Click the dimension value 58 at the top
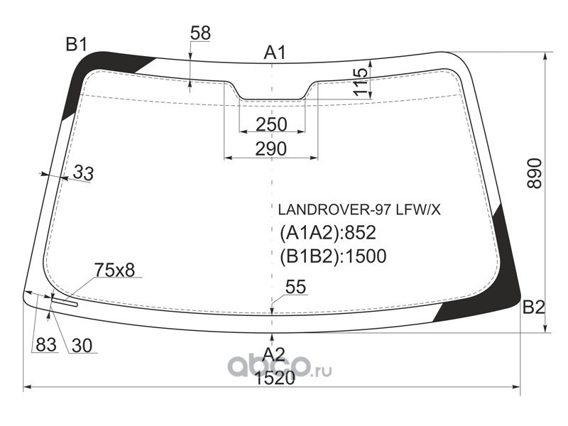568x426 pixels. coord(200,33)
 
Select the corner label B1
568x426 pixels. coord(77,45)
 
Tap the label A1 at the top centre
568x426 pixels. coord(275,53)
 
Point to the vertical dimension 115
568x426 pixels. coord(361,82)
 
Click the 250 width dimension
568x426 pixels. coord(271,125)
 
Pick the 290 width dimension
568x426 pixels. coord(271,149)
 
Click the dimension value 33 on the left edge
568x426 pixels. coord(83,173)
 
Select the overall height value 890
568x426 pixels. coord(535,173)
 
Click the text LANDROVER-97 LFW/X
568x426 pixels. coord(359,209)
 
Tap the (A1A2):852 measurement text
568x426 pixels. coord(328,233)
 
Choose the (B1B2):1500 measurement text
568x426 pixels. coord(333,256)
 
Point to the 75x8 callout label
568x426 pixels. coord(114,270)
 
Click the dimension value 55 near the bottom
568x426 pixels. coord(295,287)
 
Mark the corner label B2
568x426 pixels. coord(534,307)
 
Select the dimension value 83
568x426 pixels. coord(46,345)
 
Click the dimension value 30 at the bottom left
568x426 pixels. coord(82,346)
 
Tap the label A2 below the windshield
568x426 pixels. coord(274,354)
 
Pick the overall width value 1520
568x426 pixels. coord(275,378)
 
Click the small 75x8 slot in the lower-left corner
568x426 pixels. coord(65,302)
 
